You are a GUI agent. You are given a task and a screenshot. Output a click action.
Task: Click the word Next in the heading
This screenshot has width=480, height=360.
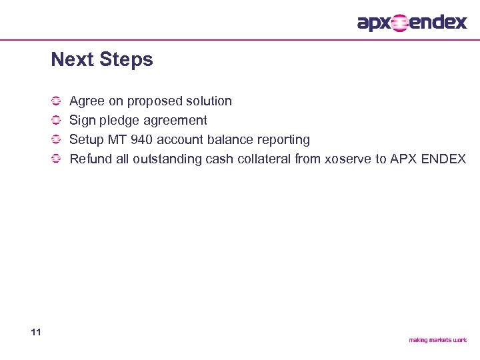[x=72, y=60]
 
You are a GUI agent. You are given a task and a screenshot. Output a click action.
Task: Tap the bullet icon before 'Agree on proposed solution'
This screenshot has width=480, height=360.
[x=57, y=101]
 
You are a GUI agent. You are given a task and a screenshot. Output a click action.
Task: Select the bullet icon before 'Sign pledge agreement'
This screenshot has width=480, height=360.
[x=57, y=121]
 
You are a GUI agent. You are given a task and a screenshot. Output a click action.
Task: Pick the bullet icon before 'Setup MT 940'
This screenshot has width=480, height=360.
[x=57, y=140]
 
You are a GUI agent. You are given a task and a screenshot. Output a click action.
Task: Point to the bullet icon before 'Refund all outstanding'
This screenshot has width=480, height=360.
[x=57, y=159]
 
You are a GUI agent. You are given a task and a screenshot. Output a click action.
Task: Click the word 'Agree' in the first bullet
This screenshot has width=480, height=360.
[x=87, y=101]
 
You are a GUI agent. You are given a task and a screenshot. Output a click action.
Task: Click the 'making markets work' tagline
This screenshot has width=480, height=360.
[x=437, y=340]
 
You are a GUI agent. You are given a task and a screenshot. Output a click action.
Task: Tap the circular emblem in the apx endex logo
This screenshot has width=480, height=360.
[x=399, y=23]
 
